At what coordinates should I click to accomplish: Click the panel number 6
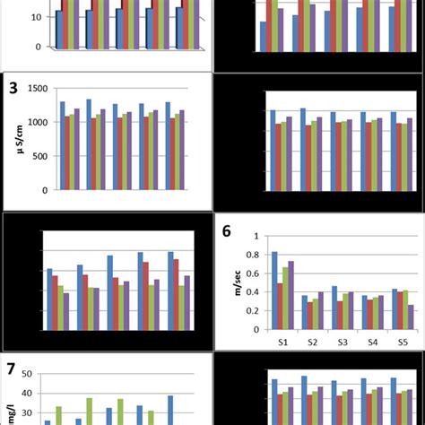coord(227,231)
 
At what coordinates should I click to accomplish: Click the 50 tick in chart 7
coord(27,374)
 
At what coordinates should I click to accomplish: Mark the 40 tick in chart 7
coord(27,394)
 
